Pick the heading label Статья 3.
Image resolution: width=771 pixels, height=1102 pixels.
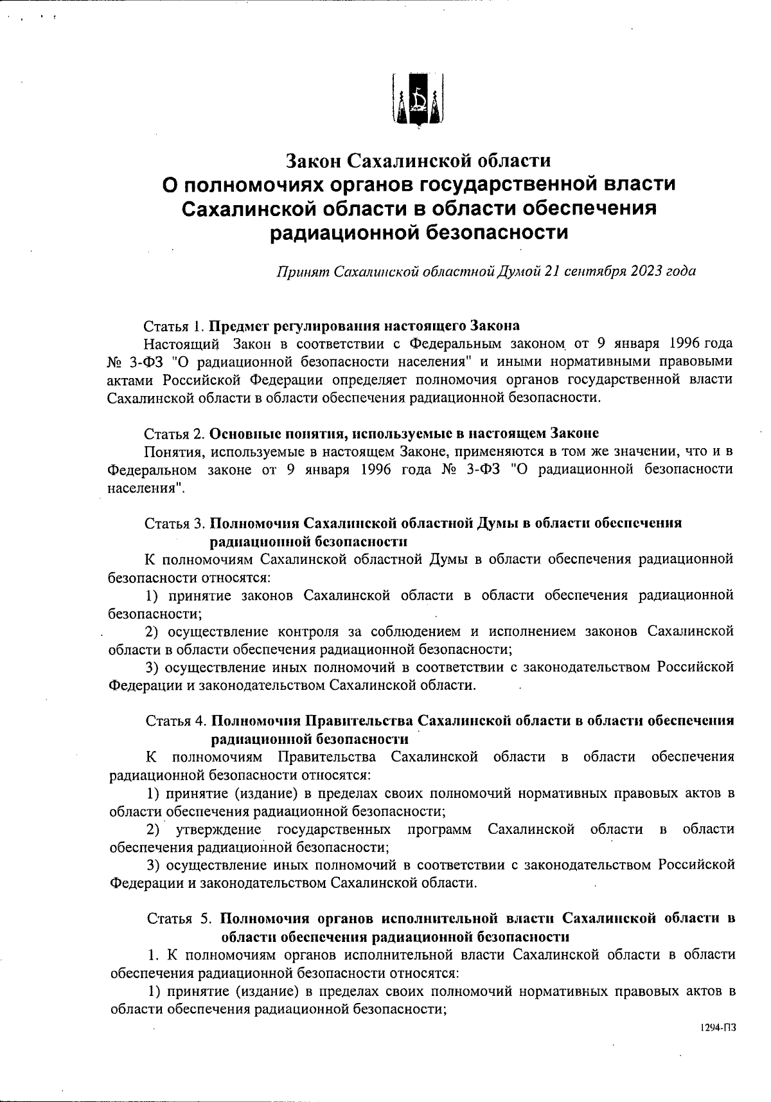click(x=175, y=523)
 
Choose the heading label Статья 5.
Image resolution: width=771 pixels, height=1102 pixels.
click(x=180, y=917)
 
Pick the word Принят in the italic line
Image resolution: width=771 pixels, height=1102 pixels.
click(x=301, y=271)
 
